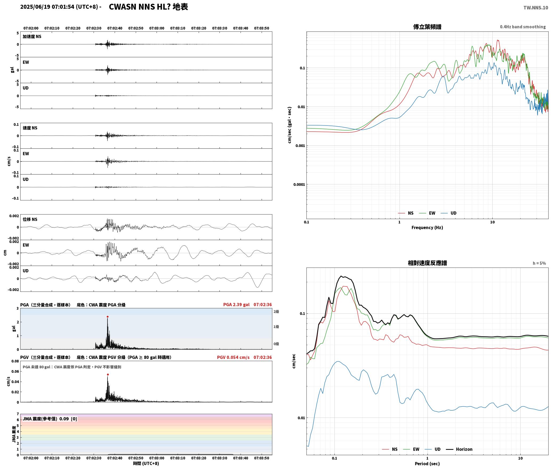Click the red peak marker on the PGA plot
[107, 317]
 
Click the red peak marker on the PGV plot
[108, 374]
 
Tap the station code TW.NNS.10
[536, 8]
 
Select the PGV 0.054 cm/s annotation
[233, 357]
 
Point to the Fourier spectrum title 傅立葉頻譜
[427, 27]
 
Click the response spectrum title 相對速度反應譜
[427, 263]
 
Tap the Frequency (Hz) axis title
[427, 228]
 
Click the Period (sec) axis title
[427, 464]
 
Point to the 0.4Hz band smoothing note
[523, 27]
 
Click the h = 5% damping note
[539, 263]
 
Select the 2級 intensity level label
[276, 312]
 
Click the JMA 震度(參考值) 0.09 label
[50, 419]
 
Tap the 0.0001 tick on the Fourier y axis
[299, 184]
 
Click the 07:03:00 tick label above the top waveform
[157, 28]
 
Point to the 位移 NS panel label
[30, 219]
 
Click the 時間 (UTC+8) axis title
[146, 463]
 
